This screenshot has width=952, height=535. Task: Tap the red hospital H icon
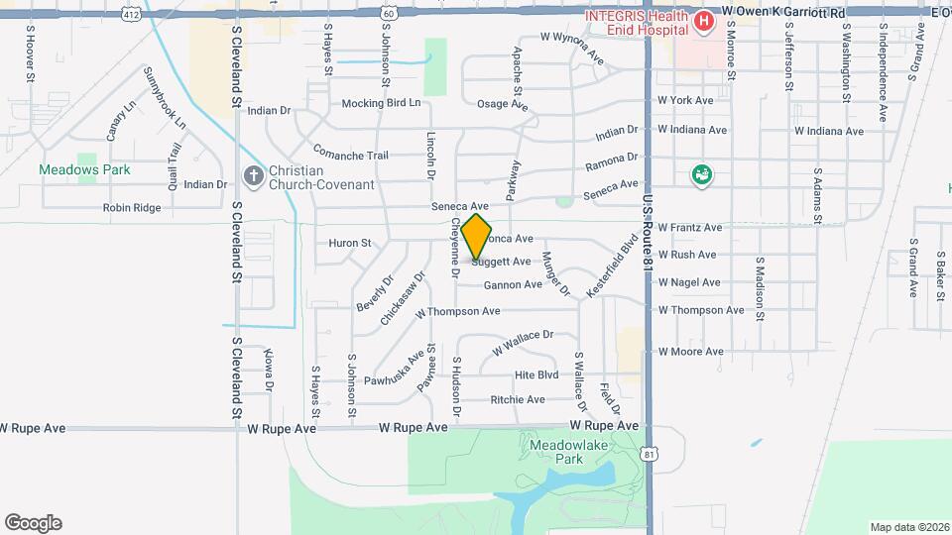coord(704,21)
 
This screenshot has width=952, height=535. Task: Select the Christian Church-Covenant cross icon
coord(253,177)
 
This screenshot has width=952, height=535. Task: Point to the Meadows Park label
coord(84,169)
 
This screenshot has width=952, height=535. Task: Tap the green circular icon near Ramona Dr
coord(702,175)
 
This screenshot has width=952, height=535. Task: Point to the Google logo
coord(33,523)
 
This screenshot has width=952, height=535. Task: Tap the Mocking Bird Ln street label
coord(381,103)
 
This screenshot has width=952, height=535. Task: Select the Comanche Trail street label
coord(350,155)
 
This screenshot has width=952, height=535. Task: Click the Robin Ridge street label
coord(132,208)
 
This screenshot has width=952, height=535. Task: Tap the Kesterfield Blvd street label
coord(613,259)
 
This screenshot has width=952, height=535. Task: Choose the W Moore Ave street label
coord(690,352)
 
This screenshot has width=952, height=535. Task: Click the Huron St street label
coord(349,243)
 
